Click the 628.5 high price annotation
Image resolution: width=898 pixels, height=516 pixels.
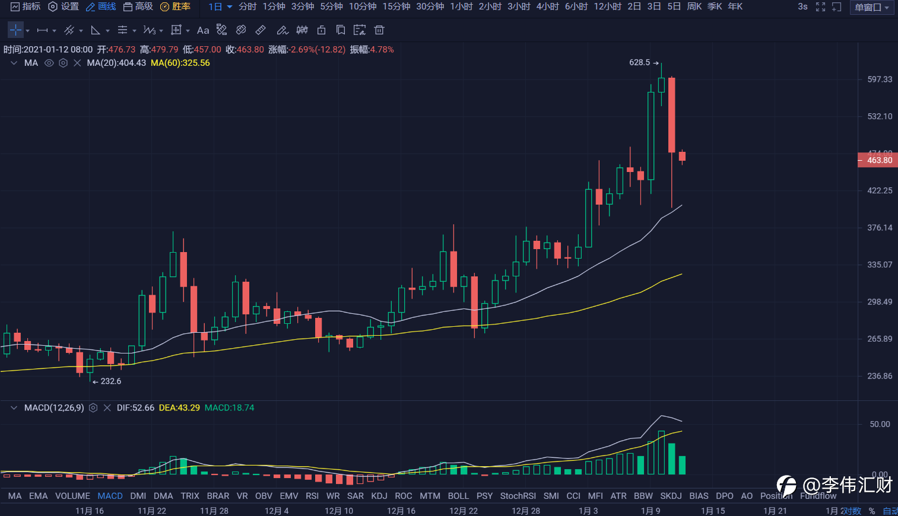pos(639,62)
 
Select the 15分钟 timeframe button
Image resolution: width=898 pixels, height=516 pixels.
pos(396,7)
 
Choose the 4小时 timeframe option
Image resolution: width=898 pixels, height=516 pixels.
pos(547,7)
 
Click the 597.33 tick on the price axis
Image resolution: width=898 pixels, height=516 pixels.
pos(879,79)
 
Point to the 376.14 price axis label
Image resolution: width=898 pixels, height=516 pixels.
pos(879,228)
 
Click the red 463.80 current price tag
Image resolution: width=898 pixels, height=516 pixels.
pos(878,160)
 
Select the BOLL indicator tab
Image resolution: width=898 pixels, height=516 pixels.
pos(458,496)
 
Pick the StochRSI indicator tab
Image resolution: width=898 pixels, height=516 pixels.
pos(518,496)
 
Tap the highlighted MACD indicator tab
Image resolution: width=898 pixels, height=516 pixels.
pos(110,496)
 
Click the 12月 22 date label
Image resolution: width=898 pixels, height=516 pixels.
pos(463,511)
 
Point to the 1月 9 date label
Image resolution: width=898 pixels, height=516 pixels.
pos(651,511)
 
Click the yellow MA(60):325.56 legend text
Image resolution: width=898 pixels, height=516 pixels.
pos(180,63)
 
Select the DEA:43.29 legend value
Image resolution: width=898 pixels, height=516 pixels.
pos(179,408)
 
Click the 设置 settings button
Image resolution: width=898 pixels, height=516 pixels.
pos(64,7)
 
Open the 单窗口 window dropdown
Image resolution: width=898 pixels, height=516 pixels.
pos(871,8)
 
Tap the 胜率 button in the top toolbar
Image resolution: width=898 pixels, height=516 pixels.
pos(176,7)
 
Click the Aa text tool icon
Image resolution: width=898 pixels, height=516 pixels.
pos(203,30)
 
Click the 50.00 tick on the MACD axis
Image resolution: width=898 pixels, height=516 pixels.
pos(880,424)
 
